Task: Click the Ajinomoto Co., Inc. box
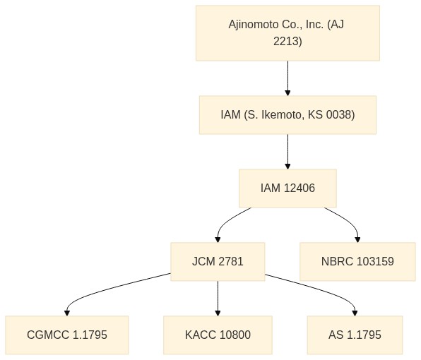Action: pyautogui.click(x=287, y=33)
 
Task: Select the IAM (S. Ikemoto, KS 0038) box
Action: pyautogui.click(x=287, y=115)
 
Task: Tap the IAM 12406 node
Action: pyautogui.click(x=287, y=188)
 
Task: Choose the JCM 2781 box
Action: pyautogui.click(x=218, y=262)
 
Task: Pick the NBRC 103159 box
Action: pyautogui.click(x=357, y=262)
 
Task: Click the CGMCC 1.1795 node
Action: pyautogui.click(x=67, y=335)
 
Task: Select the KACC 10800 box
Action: pyautogui.click(x=218, y=335)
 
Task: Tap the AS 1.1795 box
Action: pyautogui.click(x=355, y=335)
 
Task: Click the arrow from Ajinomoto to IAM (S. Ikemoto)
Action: pyautogui.click(x=287, y=78)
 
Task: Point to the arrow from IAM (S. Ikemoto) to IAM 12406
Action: pyautogui.click(x=287, y=152)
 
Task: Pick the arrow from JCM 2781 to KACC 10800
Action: pyautogui.click(x=218, y=299)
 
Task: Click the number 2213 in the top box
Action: pyautogui.click(x=287, y=42)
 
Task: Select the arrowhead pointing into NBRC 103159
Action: pyautogui.click(x=357, y=239)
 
